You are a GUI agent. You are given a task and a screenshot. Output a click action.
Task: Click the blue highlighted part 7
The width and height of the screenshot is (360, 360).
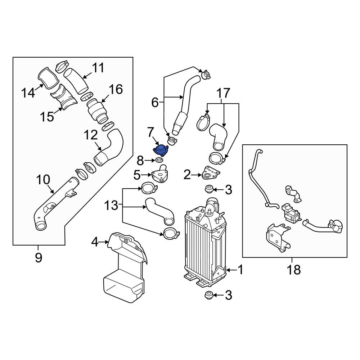[161, 149]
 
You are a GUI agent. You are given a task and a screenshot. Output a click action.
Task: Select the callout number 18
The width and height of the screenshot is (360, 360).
[294, 269]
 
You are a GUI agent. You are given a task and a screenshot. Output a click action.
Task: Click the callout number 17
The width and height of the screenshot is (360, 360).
[223, 94]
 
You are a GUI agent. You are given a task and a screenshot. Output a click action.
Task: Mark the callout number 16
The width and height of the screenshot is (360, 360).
[116, 89]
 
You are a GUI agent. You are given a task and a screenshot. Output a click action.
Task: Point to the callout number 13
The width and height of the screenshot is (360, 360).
[111, 206]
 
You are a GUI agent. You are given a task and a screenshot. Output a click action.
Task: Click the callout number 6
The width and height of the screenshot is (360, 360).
[155, 103]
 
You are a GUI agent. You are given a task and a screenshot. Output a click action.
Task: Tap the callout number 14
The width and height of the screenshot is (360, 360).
[28, 93]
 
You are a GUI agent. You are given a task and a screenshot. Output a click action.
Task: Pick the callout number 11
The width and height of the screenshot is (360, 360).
[98, 67]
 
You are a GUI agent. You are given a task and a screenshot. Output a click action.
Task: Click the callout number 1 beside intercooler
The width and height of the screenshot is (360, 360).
[240, 269]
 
